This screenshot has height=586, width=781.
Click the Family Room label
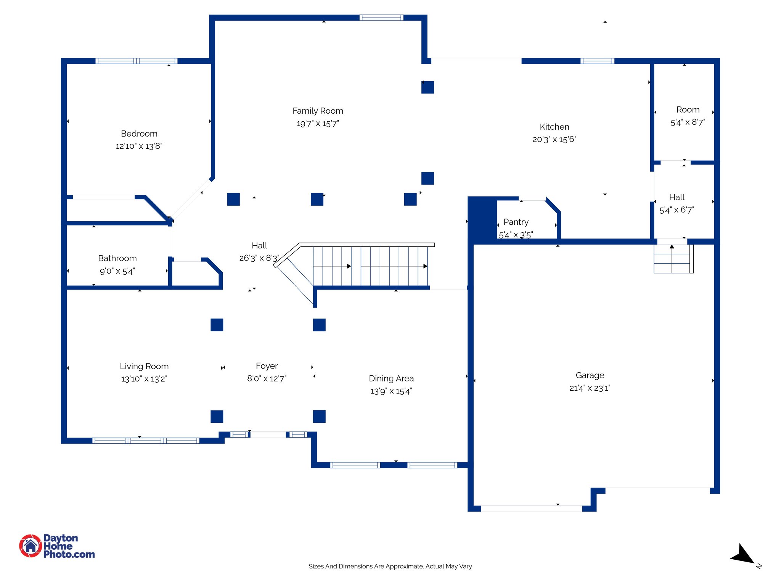click(x=318, y=111)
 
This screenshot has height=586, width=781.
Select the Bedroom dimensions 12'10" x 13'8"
click(x=139, y=146)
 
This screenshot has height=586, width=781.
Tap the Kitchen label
click(x=554, y=127)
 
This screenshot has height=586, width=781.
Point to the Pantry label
click(x=516, y=222)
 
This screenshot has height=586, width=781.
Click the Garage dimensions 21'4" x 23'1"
click(x=590, y=388)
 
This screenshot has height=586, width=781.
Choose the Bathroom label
click(x=117, y=258)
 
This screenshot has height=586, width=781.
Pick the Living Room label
click(x=144, y=366)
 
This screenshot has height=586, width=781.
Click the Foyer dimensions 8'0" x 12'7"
click(x=267, y=378)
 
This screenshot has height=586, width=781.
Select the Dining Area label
click(x=391, y=378)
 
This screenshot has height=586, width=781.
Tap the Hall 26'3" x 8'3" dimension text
click(x=259, y=258)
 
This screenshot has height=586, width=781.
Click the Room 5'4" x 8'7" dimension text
click(x=688, y=122)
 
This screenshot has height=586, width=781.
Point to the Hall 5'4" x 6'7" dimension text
click(x=677, y=210)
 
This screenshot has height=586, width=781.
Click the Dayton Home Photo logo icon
click(x=31, y=546)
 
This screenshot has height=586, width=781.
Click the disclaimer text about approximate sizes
click(x=390, y=566)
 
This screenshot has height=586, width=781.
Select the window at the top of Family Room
click(x=381, y=18)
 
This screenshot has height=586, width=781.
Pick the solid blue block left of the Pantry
click(x=482, y=219)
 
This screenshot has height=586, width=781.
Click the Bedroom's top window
click(x=136, y=61)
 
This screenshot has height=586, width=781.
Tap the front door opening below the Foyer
click(x=268, y=435)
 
